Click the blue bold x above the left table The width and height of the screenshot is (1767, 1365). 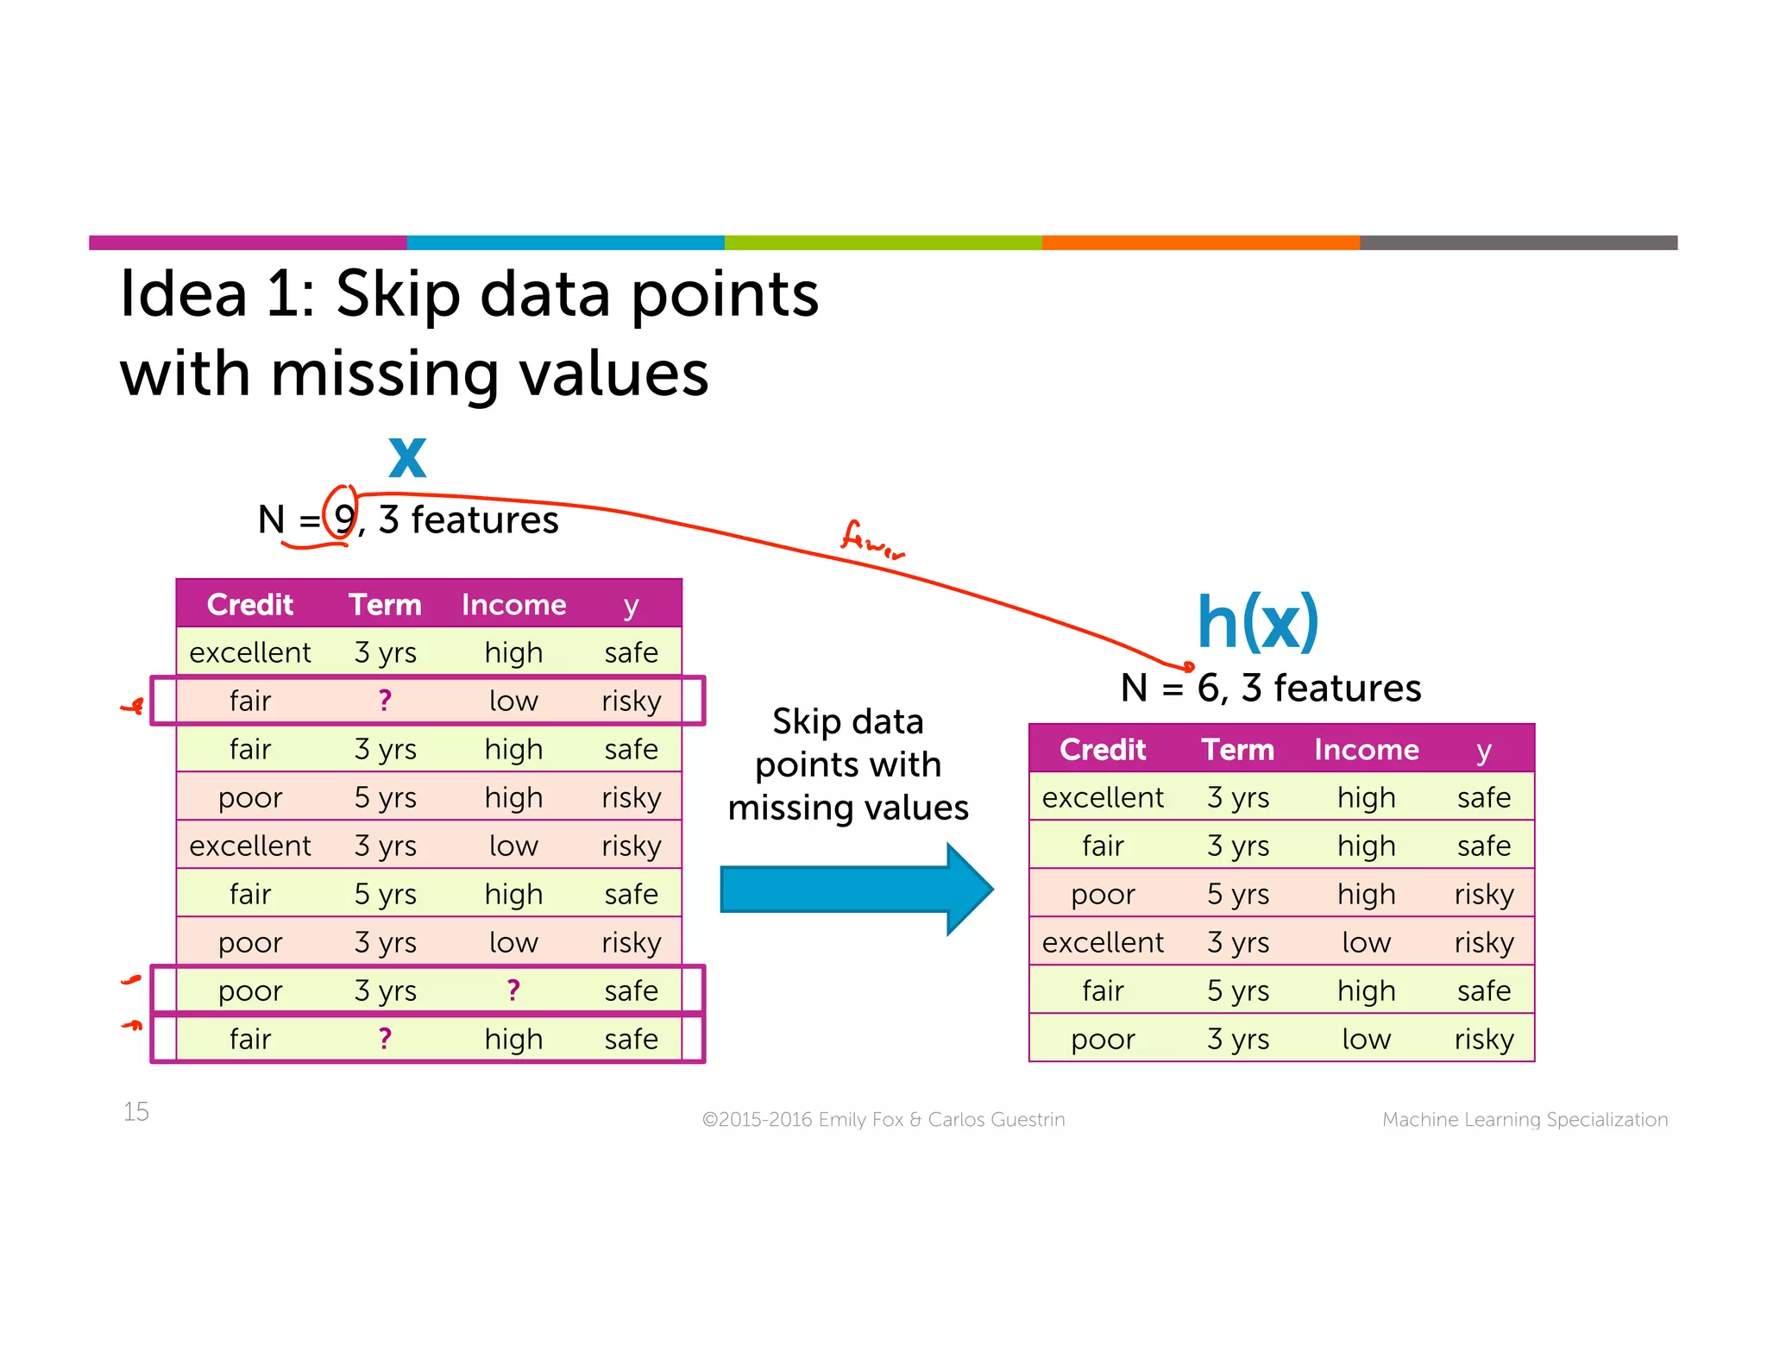(407, 457)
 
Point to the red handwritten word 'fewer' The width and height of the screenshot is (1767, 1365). (871, 540)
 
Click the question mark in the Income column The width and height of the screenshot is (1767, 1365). (513, 990)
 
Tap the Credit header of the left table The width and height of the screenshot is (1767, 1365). (250, 604)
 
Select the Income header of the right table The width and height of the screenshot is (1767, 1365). (1366, 749)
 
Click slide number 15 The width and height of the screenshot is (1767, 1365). (136, 1111)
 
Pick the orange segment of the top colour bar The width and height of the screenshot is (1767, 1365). (1200, 242)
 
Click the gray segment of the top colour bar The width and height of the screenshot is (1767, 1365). (1518, 242)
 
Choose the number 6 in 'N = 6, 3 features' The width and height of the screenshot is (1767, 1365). (1208, 689)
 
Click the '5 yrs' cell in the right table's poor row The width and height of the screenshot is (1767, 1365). (1237, 894)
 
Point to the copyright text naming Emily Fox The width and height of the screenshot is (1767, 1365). (883, 1119)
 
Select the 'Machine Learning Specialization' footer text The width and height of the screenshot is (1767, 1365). (1525, 1119)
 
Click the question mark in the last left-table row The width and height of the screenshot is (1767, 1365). (385, 1038)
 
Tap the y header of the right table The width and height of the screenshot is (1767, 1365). (1483, 751)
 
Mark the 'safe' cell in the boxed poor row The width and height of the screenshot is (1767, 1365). (631, 991)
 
